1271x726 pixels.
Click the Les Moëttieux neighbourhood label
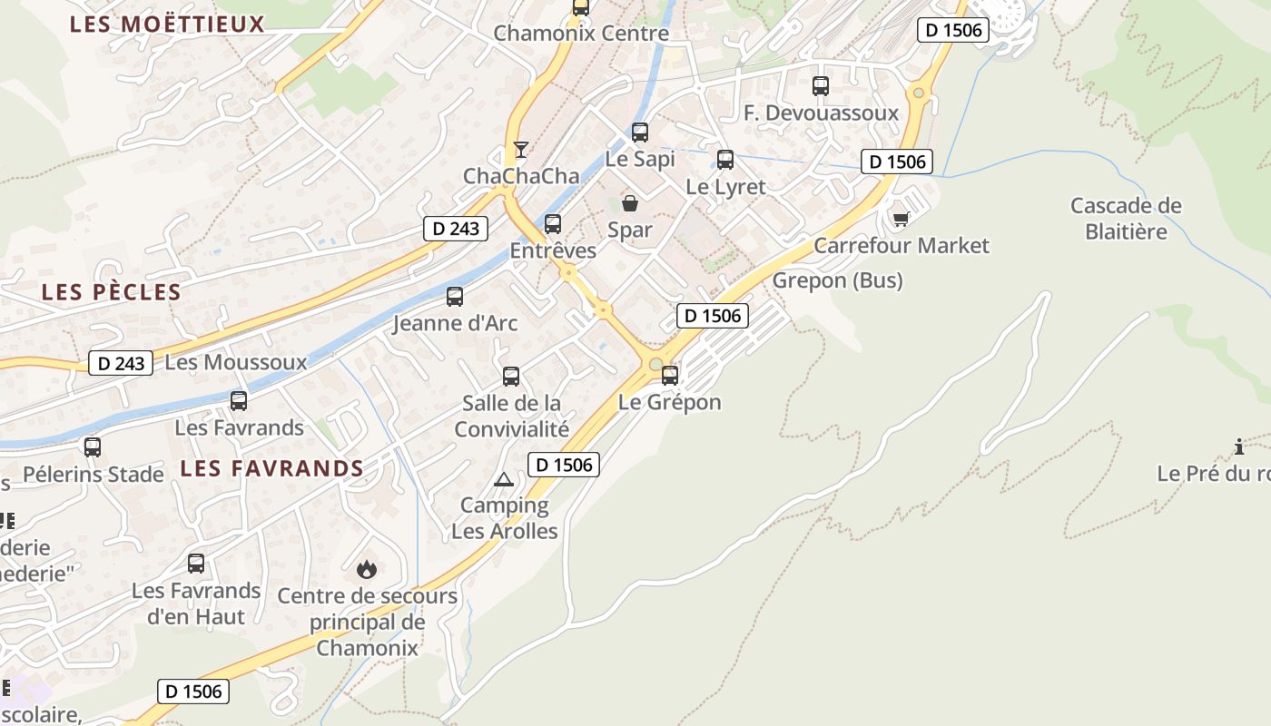167,25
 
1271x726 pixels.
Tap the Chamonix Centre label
581,34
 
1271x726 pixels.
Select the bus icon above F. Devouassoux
821,86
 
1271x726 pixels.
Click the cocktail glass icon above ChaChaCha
520,150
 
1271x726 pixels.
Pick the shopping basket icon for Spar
629,203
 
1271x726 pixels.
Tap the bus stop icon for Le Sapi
640,132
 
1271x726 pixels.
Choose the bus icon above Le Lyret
725,160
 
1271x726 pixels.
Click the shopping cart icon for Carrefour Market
901,219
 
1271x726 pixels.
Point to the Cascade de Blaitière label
1126,219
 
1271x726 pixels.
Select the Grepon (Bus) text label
837,280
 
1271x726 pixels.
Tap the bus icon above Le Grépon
670,375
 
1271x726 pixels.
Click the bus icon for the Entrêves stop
553,223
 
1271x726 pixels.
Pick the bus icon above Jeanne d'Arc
455,296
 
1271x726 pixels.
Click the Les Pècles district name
112,292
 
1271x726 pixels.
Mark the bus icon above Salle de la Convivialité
511,376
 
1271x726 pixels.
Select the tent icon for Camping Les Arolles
504,479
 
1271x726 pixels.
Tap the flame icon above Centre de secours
367,569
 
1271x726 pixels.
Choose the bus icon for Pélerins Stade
93,446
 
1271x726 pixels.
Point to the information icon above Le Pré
1239,446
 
